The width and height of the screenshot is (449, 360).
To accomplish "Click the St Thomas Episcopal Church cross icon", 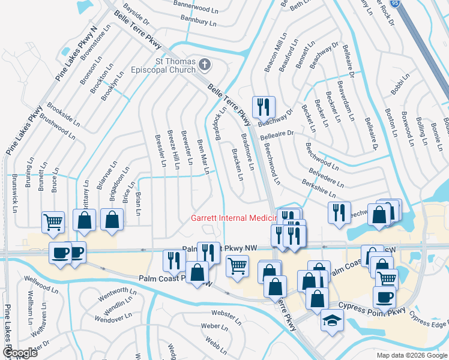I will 205,64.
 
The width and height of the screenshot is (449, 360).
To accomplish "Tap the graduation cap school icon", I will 332,320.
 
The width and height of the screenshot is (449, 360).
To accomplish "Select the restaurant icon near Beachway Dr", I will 264,107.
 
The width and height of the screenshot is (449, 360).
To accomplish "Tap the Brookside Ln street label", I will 62,113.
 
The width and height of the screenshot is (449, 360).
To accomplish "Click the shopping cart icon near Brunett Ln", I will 53,222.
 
